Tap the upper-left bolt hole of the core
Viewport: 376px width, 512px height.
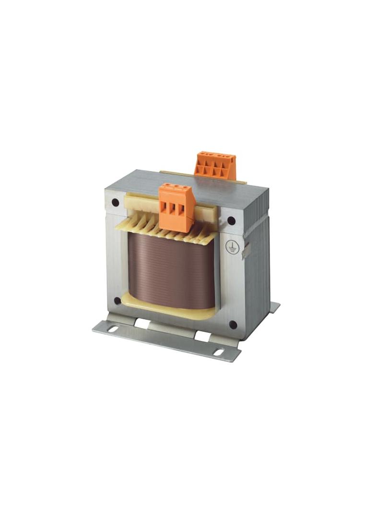[116, 203]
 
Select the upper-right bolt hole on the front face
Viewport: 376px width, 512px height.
[231, 221]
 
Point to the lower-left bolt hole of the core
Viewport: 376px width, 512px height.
[117, 301]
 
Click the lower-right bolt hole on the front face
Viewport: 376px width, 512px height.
[233, 325]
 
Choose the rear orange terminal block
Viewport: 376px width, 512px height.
[215, 165]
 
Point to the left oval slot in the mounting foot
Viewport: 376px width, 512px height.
[112, 329]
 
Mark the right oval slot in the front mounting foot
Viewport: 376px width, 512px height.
[218, 353]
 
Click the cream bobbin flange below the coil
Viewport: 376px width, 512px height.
[168, 308]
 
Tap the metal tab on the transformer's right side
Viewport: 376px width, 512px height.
[247, 250]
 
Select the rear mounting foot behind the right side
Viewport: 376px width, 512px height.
[274, 307]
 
